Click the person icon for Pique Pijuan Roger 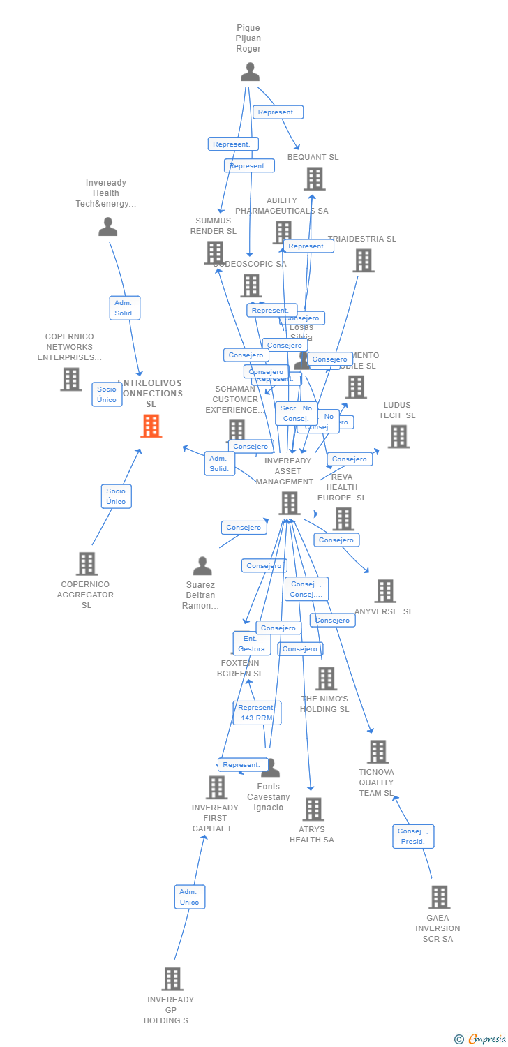250,72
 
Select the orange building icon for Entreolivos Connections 151,426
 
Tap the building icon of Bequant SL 314,179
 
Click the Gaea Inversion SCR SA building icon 439,897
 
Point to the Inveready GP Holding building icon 172,979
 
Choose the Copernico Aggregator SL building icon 87,563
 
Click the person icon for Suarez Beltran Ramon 202,566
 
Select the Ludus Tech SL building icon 398,436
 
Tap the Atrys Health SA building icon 313,809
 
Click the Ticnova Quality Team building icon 378,752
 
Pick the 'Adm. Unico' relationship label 189,897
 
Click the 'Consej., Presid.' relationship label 413,836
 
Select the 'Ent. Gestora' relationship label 251,644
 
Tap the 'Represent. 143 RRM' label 257,713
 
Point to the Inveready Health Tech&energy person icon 107,227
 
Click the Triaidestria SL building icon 363,260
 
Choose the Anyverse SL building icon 384,591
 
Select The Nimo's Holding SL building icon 326,678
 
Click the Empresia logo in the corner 481,1039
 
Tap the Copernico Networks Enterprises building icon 70,379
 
